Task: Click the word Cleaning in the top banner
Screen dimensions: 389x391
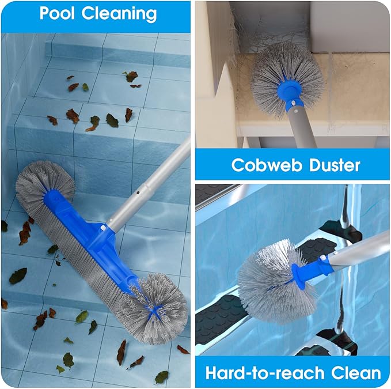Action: pos(120,14)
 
